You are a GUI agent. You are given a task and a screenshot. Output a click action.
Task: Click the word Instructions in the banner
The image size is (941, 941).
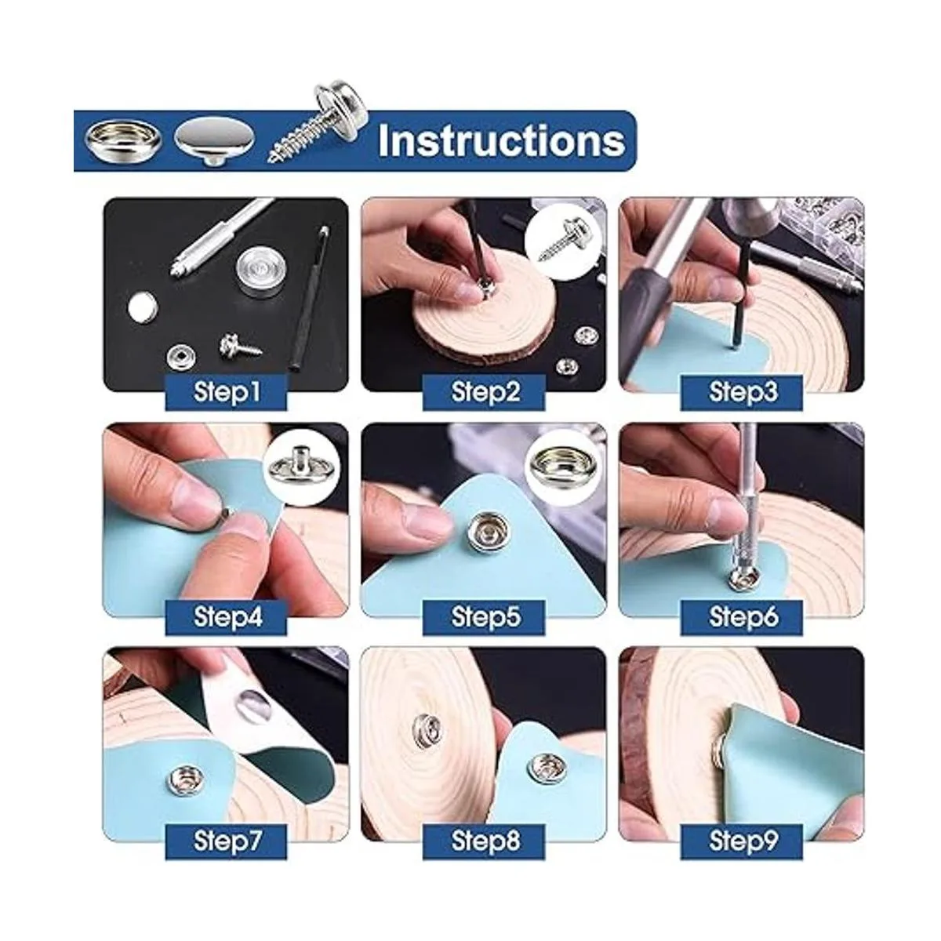(x=501, y=140)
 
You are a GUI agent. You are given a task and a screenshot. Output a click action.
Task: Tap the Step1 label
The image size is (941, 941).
(x=226, y=392)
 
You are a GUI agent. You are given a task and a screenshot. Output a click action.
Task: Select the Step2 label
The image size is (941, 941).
(x=484, y=392)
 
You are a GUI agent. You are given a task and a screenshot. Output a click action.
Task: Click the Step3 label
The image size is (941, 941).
(x=742, y=392)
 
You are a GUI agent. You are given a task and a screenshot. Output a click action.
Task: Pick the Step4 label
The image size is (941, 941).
(x=226, y=617)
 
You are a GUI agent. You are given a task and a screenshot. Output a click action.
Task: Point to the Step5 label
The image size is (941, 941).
(x=484, y=617)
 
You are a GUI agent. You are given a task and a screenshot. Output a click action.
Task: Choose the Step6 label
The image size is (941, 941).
(x=742, y=617)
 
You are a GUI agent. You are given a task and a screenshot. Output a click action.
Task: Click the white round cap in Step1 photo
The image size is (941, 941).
(x=143, y=306)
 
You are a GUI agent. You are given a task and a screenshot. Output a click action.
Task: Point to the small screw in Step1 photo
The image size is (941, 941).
(x=240, y=347)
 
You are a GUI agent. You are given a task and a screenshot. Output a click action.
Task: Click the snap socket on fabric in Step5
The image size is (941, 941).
(x=484, y=531)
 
